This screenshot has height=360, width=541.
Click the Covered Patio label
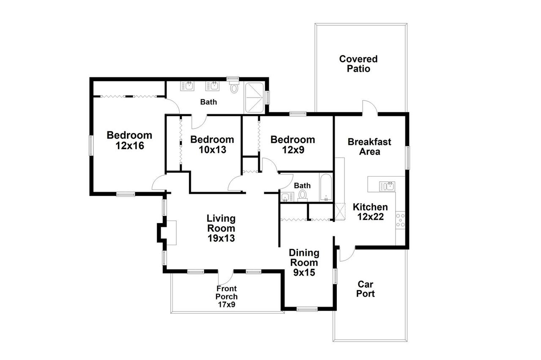point(358,64)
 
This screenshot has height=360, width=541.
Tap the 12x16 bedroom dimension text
point(130,146)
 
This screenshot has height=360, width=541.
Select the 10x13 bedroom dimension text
point(212,150)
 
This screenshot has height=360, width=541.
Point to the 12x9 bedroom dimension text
point(293,150)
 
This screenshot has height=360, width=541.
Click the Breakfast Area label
point(369,147)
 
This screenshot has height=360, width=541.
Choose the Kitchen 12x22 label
point(370,212)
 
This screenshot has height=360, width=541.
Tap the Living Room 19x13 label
point(221,228)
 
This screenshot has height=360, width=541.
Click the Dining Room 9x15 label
point(304,262)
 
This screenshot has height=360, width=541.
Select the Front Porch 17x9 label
point(227,297)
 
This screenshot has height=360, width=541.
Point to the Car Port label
point(366,289)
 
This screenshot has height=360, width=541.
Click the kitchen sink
point(387,186)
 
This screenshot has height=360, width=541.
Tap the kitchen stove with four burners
point(400,220)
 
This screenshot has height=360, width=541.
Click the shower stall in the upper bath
point(254,98)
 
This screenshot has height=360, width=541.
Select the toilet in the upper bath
point(234,87)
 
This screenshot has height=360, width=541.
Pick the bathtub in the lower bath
point(326,187)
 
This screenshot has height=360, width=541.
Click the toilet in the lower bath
point(302,195)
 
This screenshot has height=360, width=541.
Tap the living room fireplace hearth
point(172,233)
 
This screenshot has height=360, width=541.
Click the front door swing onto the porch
point(225,277)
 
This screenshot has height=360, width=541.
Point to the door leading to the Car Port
point(347,254)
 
